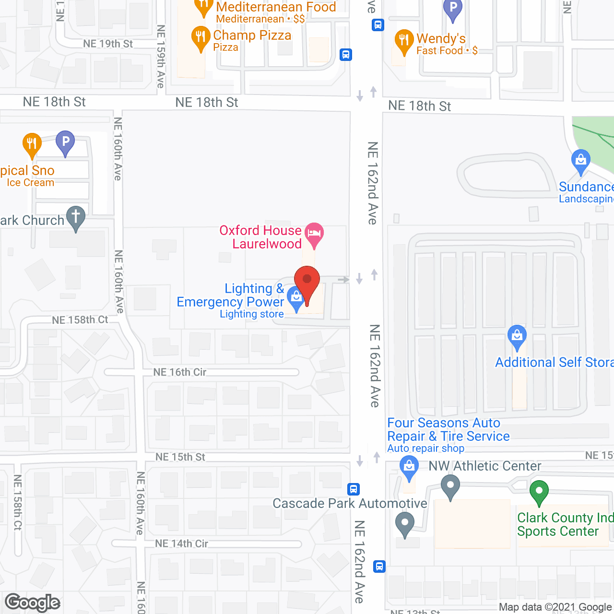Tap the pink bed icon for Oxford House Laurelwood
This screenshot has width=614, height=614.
pos(314,234)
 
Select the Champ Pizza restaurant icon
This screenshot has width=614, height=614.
pos(201,37)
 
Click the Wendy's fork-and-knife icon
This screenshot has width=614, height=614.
pos(404,40)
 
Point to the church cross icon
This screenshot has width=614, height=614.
pos(75,217)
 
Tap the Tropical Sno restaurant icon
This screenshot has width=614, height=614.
pos(32,143)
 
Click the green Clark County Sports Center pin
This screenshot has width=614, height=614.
pos(539,492)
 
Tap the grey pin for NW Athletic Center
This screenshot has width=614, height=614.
pos(450,486)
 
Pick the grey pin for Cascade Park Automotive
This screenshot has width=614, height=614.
pos(405,523)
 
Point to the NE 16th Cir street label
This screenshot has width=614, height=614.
pos(180,372)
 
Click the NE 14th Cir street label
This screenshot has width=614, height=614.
pos(181,543)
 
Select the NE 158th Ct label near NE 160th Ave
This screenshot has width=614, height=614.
pos(80,320)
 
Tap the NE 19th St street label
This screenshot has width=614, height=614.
pos(108,44)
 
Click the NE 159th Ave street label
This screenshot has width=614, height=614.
pos(161,57)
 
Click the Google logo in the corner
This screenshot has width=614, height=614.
pos(33,602)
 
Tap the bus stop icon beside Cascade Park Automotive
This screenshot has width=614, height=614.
pos(354,489)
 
